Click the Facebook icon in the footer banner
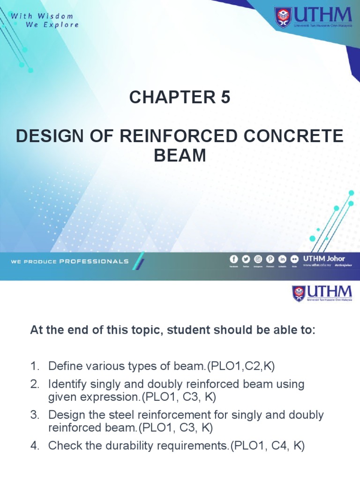click(233, 259)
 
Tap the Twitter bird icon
click(246, 259)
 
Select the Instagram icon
click(258, 259)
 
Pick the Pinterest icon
click(270, 259)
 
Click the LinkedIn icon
click(283, 259)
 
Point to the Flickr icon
click(294, 259)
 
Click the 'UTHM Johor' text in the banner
click(324, 258)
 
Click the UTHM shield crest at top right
click(283, 17)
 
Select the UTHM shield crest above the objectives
click(299, 294)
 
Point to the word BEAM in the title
click(180, 155)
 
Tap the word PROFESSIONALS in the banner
click(94, 261)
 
